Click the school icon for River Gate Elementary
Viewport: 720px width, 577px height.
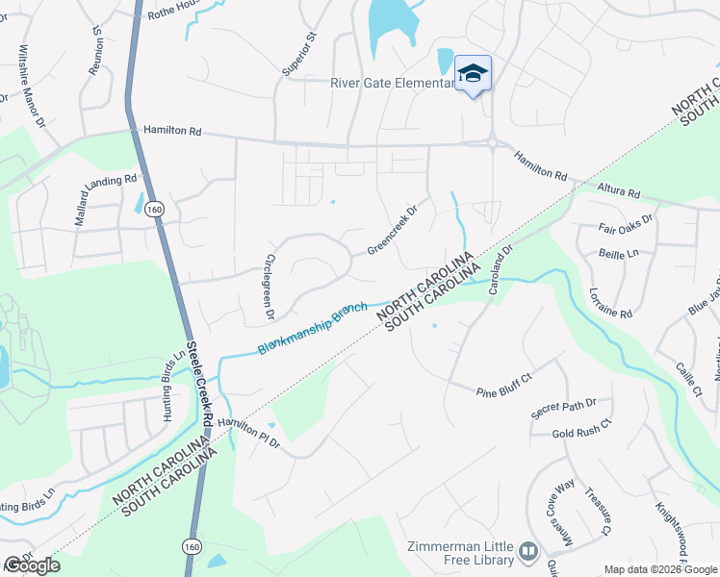[473, 74]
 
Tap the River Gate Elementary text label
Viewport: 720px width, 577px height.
[393, 84]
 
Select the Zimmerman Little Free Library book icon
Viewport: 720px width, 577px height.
[527, 551]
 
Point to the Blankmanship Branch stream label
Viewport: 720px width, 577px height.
[313, 328]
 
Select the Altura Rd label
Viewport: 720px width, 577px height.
[618, 192]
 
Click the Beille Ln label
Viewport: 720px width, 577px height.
[619, 255]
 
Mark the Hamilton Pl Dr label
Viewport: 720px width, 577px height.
[247, 432]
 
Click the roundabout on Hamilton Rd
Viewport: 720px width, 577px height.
[492, 144]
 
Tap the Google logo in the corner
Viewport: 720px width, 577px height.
[33, 565]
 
